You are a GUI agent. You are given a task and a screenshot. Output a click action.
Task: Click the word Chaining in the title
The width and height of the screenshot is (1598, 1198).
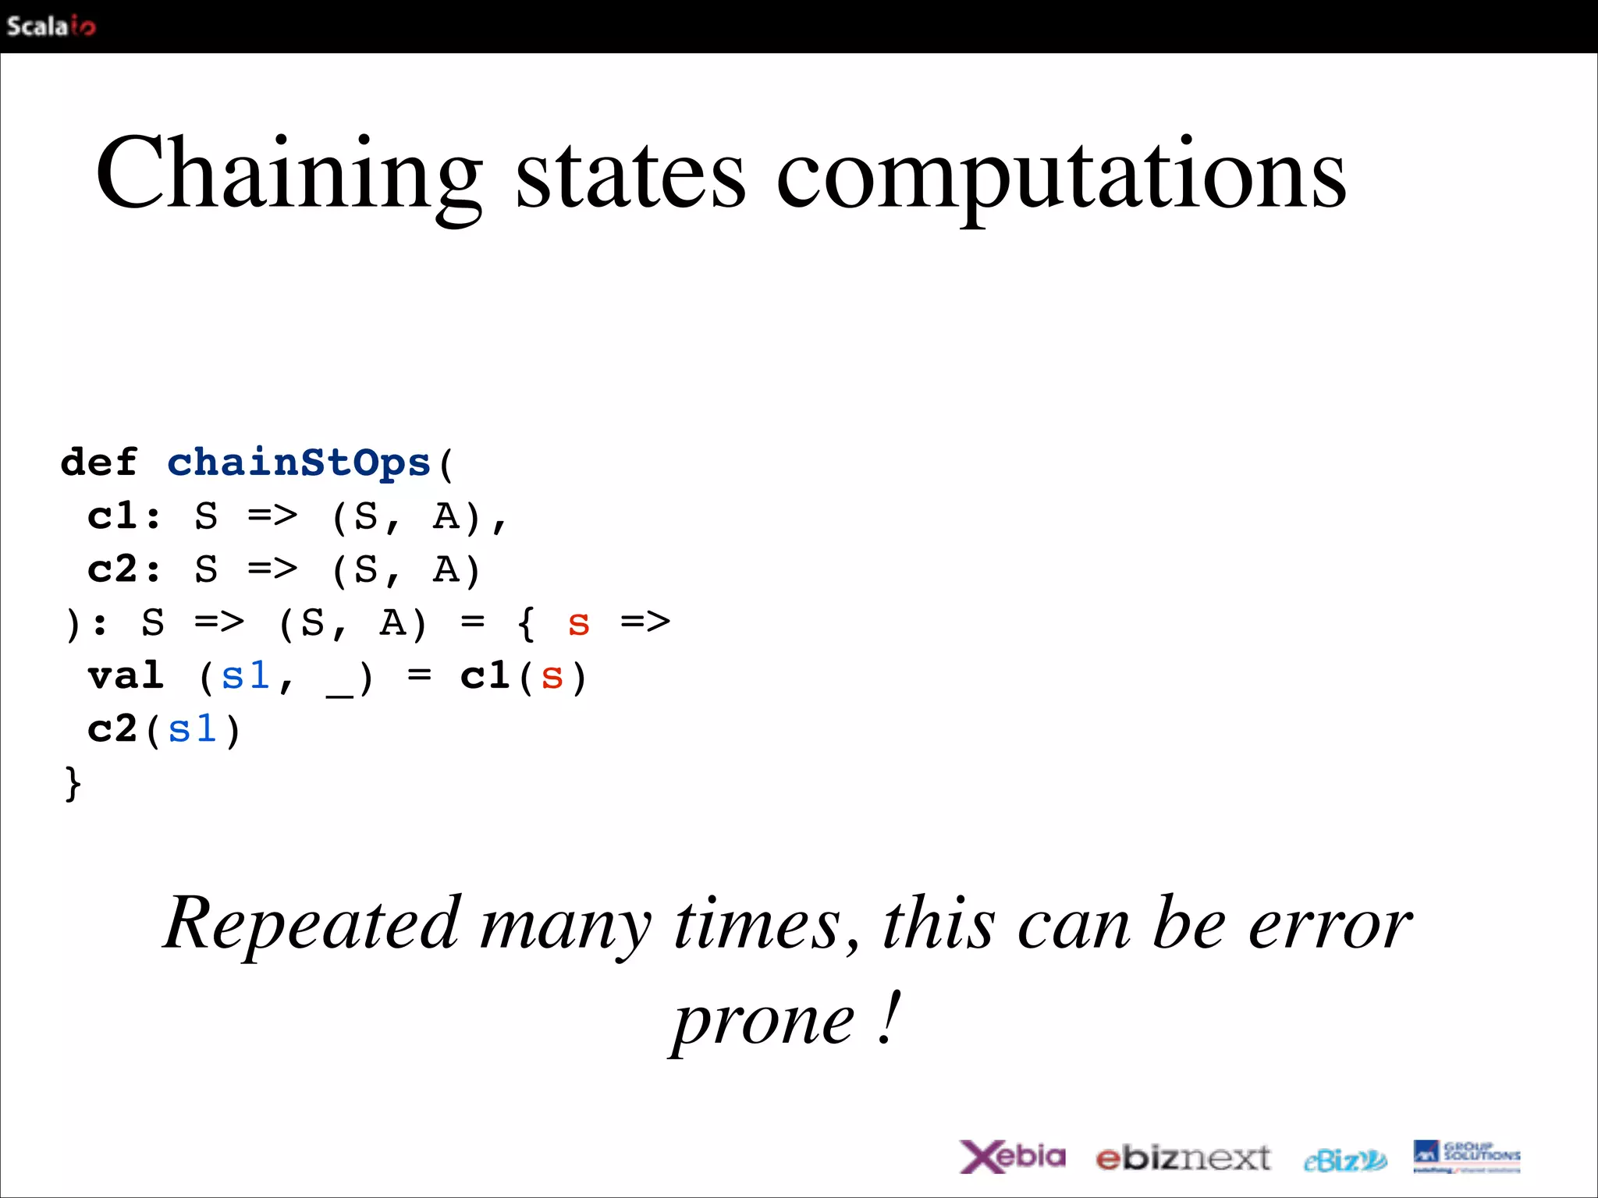point(289,175)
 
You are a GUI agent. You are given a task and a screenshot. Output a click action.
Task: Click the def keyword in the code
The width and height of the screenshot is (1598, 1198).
point(99,463)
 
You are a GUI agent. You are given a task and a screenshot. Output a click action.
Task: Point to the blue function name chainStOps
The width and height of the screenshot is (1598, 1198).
point(299,463)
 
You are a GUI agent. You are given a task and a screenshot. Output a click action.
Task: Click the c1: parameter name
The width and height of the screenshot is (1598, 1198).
point(125,516)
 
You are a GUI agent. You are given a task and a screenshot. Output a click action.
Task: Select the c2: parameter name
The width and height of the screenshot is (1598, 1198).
point(125,569)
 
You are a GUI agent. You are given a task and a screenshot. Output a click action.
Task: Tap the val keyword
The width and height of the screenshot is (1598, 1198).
point(126,676)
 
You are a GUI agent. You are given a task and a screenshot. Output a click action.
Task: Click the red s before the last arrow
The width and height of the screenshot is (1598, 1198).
point(578,624)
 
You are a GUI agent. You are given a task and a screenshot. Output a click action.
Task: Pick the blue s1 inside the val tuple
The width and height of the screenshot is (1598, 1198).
point(245,676)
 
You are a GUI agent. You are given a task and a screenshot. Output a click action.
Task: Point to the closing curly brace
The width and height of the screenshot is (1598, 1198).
point(73,783)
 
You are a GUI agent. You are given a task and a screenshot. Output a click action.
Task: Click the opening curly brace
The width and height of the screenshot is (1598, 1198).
point(527,624)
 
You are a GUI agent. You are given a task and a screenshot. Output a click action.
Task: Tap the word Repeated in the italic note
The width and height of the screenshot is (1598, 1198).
point(312,923)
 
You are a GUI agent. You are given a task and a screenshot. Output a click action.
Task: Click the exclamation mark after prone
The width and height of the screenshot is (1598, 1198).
point(890,1017)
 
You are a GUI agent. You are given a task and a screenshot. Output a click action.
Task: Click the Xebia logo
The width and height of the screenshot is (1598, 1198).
point(1012,1157)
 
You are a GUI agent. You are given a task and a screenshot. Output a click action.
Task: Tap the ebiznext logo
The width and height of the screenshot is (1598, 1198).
point(1183,1158)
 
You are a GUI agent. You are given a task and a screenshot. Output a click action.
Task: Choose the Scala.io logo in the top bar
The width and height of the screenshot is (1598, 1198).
point(51,27)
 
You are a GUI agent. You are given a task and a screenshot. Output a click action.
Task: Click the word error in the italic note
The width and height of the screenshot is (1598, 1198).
point(1330,925)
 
